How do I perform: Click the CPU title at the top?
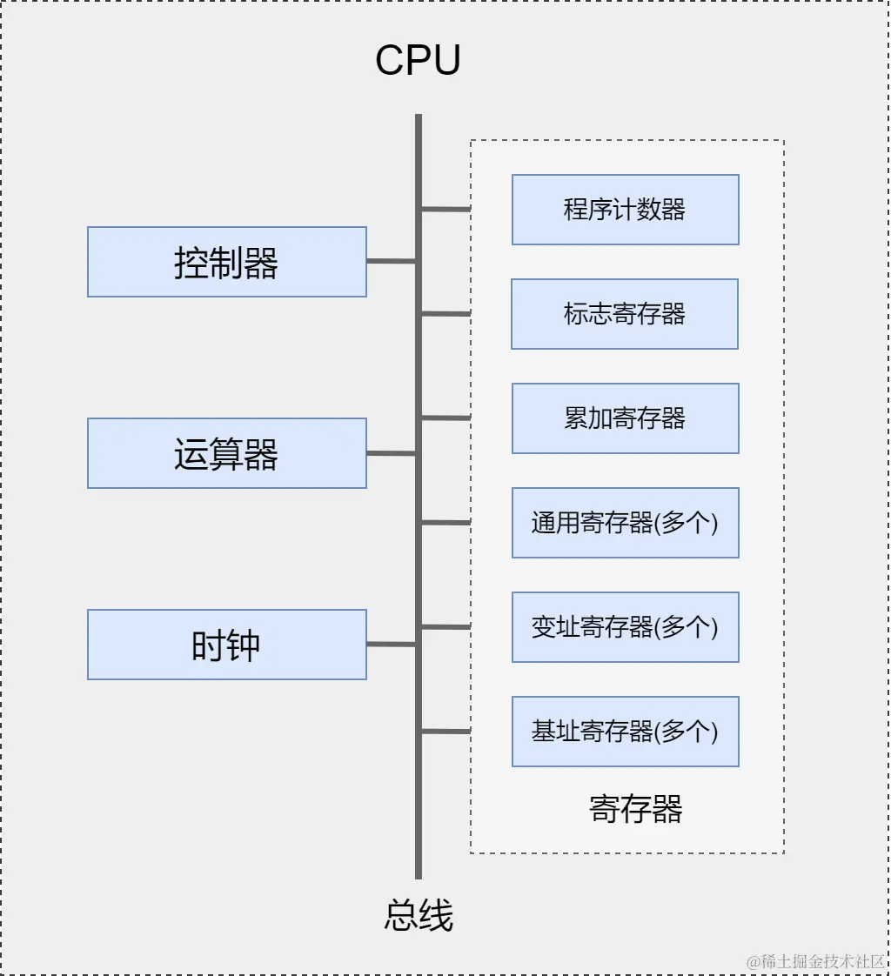[418, 61]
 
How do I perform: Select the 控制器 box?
[226, 262]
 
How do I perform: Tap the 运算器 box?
[226, 453]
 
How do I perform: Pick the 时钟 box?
[226, 645]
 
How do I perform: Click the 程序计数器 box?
[625, 210]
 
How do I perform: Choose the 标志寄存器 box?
[625, 314]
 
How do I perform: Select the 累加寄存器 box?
[625, 418]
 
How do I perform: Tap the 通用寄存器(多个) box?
[625, 523]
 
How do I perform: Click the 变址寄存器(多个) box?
[625, 627]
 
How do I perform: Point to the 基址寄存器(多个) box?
[625, 732]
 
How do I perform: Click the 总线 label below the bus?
[419, 916]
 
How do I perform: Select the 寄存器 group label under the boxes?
[636, 809]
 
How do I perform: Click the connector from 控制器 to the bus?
[391, 261]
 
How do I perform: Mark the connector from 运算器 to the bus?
[391, 453]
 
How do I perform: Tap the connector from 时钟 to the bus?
[391, 645]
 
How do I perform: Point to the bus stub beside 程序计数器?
[446, 209]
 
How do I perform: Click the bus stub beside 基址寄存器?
[446, 731]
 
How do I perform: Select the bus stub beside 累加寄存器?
[446, 418]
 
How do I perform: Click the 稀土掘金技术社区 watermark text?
[815, 961]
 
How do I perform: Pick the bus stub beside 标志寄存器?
[446, 313]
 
